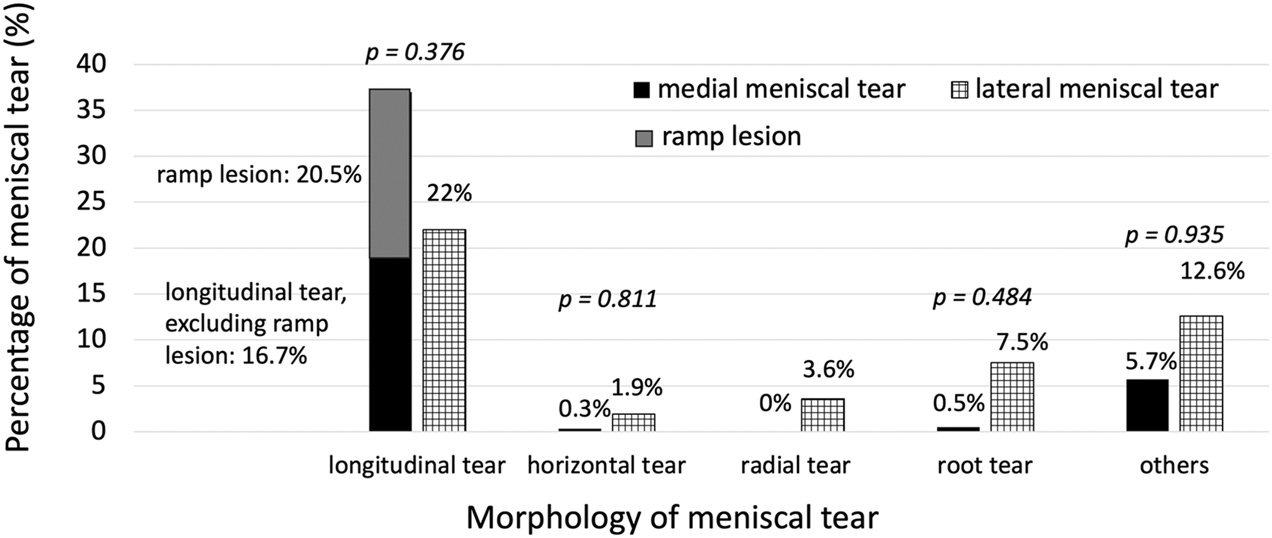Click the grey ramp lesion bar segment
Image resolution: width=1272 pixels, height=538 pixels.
point(390,174)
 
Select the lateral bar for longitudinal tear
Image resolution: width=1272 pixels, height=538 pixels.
point(444,330)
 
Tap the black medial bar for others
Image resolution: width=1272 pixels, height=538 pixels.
point(1147,406)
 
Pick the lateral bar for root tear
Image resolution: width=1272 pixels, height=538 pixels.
point(1012,397)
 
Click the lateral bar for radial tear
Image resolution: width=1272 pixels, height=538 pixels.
point(823,415)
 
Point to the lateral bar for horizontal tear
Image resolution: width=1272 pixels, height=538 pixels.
point(633,423)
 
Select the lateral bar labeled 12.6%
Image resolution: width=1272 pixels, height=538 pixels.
point(1201,373)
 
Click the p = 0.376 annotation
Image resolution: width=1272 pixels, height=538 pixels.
point(415,53)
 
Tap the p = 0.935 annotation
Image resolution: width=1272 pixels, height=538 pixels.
point(1174,235)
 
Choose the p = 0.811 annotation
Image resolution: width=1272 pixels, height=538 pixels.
point(608,299)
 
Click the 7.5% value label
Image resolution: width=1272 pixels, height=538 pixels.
point(1022,343)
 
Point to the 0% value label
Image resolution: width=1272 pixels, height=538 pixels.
point(775,403)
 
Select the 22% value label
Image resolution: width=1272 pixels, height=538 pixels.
point(449,194)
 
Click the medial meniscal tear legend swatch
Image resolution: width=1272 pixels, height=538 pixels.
point(642,91)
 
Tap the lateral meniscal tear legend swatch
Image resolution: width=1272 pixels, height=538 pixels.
point(959,91)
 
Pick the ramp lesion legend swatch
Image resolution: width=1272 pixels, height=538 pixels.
point(644,139)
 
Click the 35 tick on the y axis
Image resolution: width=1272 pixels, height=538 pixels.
point(91,110)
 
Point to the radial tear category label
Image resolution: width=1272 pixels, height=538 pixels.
point(795,466)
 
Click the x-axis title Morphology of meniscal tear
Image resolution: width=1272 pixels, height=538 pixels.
point(672,517)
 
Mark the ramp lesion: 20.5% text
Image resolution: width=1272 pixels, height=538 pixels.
point(259,175)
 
